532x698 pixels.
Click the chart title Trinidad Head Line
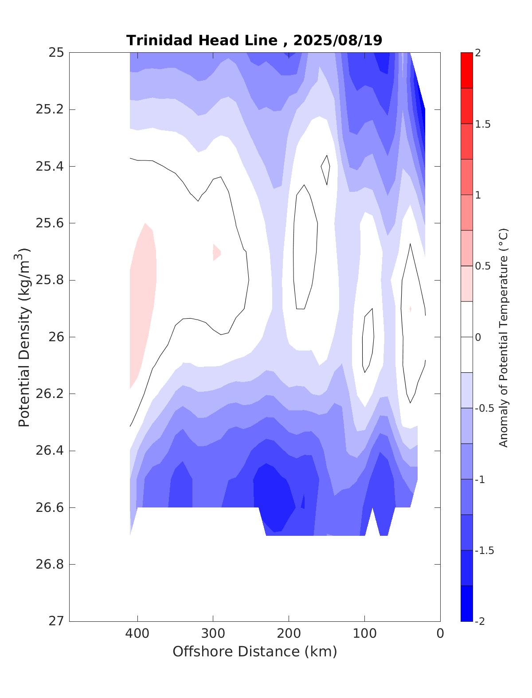[202, 40]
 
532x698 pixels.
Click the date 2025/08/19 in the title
[338, 40]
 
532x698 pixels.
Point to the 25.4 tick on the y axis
[49, 167]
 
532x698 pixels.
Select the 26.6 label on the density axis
[49, 507]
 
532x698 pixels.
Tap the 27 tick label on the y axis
[56, 621]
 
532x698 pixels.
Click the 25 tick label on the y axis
[56, 53]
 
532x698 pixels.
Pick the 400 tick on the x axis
[137, 634]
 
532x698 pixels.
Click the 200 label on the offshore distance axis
[289, 634]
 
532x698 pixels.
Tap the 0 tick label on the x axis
[440, 634]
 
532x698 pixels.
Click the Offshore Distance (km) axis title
[254, 652]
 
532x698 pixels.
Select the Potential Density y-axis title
[24, 337]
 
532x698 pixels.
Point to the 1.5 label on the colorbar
[483, 125]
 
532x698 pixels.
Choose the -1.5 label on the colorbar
[484, 550]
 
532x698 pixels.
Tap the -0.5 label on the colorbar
[484, 408]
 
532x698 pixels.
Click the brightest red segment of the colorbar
[466, 70]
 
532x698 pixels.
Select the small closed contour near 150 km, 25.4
[326, 170]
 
